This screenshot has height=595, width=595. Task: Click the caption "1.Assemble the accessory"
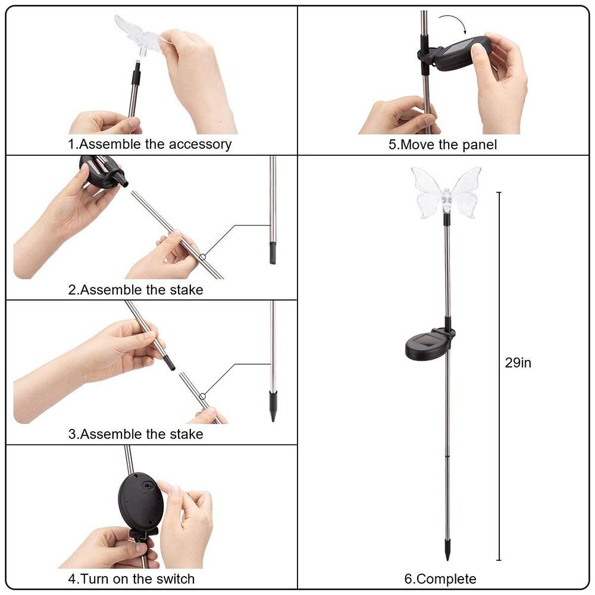[x=149, y=144]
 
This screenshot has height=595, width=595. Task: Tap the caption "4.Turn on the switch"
[x=131, y=578]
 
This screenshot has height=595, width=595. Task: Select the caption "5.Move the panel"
[x=443, y=144]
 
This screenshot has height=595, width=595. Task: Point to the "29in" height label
[x=518, y=363]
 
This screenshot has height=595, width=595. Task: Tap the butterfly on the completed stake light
[x=446, y=192]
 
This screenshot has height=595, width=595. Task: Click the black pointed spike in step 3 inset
[x=273, y=406]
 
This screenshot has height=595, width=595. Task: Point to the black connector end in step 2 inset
[x=273, y=253]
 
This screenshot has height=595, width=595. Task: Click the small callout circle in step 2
[x=203, y=257]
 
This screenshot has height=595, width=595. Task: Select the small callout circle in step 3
[x=203, y=396]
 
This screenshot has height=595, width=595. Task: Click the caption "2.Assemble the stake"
[x=136, y=290]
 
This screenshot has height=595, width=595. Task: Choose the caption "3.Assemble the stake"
[x=136, y=434]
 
